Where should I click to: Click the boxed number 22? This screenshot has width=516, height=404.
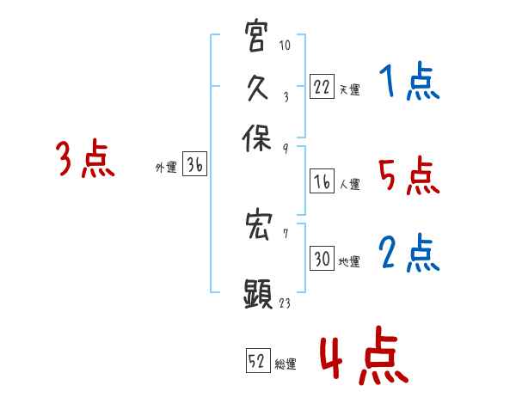322,86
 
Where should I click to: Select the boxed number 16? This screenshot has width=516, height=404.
322,181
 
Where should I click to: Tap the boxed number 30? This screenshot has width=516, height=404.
322,259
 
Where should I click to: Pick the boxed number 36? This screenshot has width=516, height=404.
194,166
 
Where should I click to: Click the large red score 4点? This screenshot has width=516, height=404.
362,357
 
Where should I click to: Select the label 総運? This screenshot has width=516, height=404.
286,364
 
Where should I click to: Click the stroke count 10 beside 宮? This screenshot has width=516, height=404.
286,45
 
